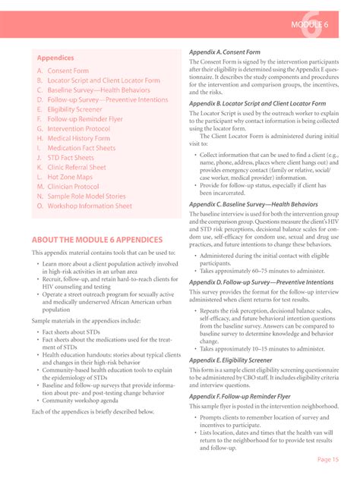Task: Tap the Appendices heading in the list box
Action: click(x=55, y=57)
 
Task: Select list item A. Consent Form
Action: click(x=63, y=71)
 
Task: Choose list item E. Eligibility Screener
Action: click(x=74, y=109)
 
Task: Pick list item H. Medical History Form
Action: click(x=80, y=139)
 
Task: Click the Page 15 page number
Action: click(x=329, y=459)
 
